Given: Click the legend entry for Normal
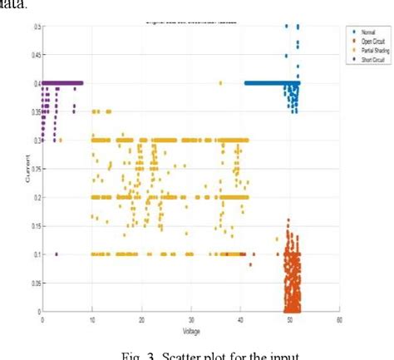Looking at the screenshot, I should pos(363,29).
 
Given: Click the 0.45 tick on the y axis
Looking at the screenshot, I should pos(34,55).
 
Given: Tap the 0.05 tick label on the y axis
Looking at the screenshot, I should pos(34,284).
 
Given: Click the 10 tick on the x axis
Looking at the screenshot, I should pos(91,318).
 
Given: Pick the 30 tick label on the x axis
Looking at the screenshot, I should pos(191,318).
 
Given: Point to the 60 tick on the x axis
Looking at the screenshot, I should pos(339,318).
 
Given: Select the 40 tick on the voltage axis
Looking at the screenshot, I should pos(241,318).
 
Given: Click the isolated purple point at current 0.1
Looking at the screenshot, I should pos(57,254).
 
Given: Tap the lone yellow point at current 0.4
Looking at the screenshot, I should pos(220,83).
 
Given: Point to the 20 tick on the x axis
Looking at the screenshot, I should pos(141,318).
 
